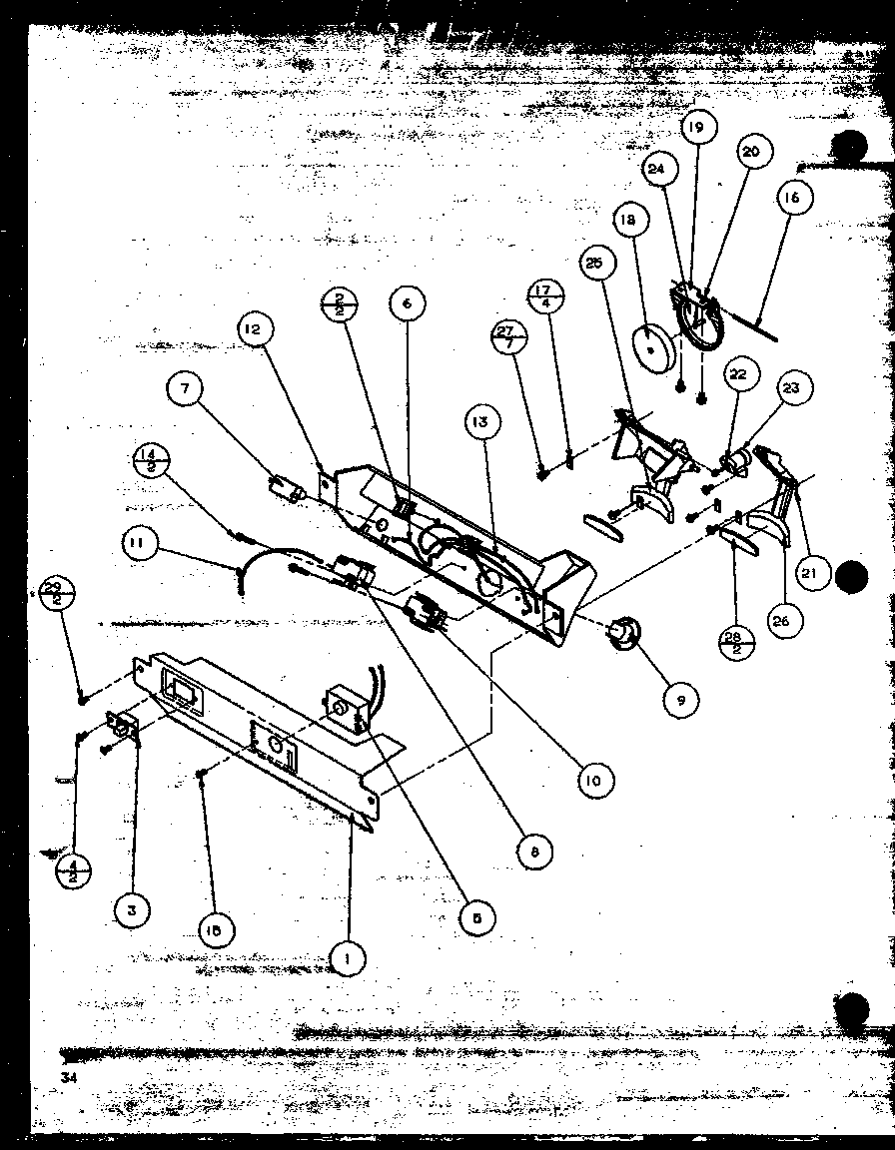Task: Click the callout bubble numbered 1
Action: point(347,959)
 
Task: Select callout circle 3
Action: point(132,909)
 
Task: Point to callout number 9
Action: point(680,701)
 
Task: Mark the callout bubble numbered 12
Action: point(256,328)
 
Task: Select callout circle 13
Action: point(480,422)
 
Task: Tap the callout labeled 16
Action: point(790,199)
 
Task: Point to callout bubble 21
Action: point(815,572)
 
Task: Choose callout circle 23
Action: point(791,389)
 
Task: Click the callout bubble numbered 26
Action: point(780,620)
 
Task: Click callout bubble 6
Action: point(408,304)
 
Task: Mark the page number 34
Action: point(68,1077)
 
